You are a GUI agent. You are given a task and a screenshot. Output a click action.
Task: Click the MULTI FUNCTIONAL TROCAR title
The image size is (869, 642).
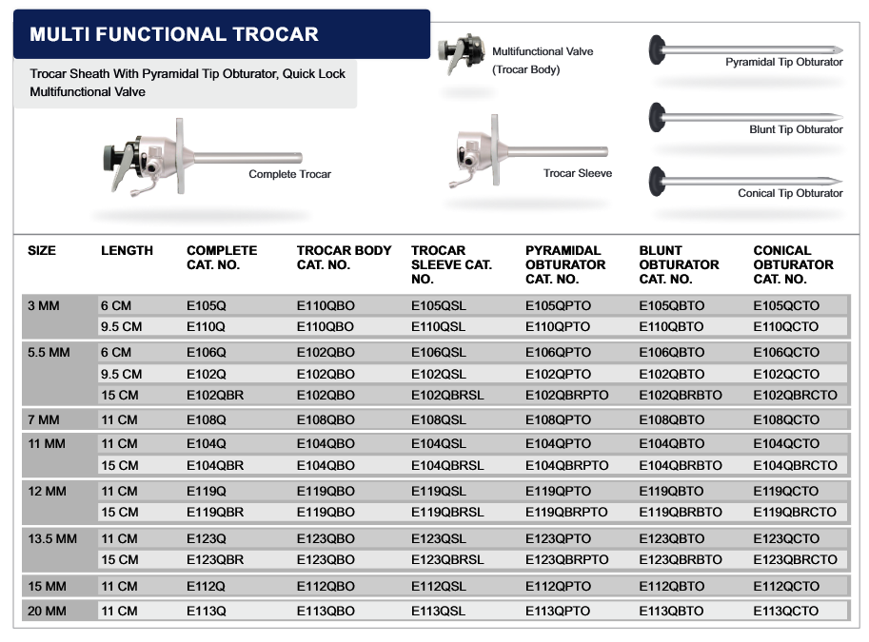(174, 35)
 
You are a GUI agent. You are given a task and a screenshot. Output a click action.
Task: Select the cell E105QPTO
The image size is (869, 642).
(558, 305)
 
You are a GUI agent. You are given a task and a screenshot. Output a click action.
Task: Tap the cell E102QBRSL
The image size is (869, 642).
(447, 396)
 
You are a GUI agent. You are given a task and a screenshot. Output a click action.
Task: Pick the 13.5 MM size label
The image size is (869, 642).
(52, 538)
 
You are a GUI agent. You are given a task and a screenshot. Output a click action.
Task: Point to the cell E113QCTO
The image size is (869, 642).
(785, 612)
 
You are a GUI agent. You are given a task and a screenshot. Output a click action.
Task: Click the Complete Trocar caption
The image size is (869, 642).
(289, 174)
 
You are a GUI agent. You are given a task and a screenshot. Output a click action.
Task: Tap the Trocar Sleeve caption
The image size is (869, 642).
(577, 173)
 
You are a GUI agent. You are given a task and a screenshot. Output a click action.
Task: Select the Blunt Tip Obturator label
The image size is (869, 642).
(796, 129)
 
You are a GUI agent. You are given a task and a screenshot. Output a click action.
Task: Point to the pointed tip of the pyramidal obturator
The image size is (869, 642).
(839, 49)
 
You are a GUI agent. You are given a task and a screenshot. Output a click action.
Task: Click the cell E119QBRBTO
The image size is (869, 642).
(681, 512)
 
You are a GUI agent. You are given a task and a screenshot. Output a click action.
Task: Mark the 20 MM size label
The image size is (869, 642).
(48, 612)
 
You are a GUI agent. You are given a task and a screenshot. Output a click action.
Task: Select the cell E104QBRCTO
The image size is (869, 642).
(795, 465)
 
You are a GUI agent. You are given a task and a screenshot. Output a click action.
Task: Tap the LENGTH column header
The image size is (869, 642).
(127, 251)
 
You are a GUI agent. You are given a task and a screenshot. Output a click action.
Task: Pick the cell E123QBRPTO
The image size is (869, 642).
(566, 559)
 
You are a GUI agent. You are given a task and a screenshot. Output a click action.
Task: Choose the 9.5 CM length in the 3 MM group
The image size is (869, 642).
(121, 326)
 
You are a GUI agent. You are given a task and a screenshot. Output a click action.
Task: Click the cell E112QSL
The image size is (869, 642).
(439, 586)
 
